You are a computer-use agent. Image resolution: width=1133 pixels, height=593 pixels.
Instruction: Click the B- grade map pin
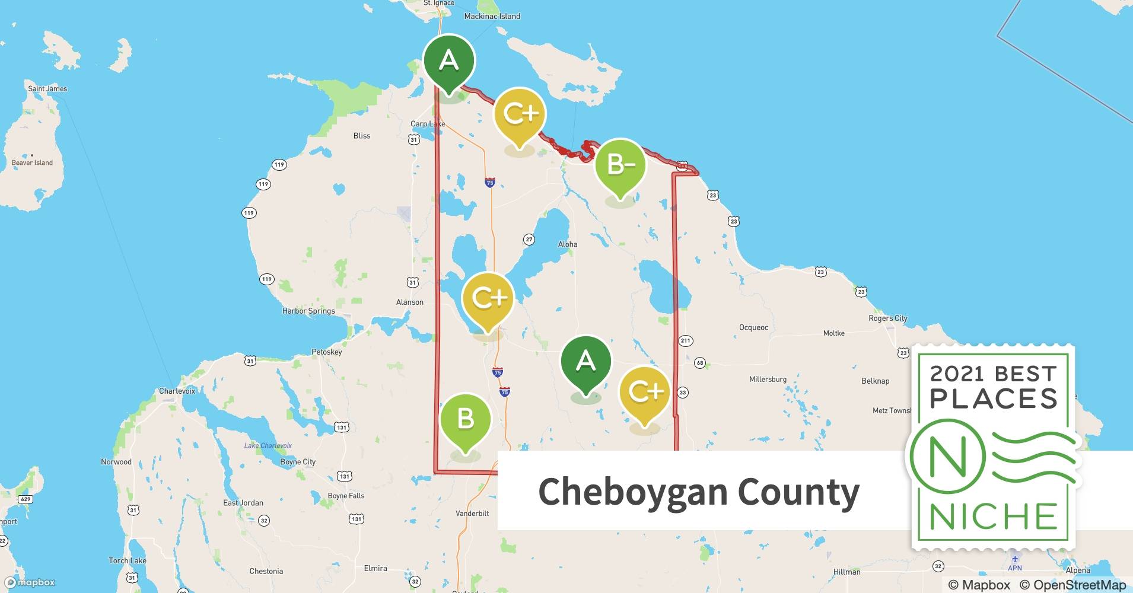620,165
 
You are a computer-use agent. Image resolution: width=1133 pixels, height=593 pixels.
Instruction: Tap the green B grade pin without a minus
466,419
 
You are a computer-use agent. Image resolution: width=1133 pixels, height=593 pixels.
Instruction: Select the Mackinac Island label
492,16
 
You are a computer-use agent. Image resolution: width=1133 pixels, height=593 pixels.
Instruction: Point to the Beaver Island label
32,162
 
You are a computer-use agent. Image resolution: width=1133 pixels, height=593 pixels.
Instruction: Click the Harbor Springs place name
308,311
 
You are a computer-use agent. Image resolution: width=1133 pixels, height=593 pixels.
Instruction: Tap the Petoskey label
327,352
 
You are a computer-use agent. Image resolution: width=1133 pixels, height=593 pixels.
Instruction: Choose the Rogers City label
888,318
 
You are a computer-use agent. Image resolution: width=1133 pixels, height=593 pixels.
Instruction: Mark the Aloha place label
568,244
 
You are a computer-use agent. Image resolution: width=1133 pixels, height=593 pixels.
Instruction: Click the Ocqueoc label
753,327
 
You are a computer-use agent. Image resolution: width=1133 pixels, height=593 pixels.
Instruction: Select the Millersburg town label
768,379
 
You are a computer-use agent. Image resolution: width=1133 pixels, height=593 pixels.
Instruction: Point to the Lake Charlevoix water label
268,445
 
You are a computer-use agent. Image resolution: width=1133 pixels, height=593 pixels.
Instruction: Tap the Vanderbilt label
472,513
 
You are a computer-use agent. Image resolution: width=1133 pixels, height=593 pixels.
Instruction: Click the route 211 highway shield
685,340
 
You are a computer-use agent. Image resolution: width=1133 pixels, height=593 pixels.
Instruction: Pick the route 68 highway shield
700,363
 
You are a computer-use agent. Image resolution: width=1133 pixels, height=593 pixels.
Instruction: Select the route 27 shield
529,240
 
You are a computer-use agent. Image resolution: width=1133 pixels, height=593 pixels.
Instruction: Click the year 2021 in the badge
956,374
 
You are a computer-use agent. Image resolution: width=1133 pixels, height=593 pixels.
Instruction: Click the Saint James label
47,88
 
